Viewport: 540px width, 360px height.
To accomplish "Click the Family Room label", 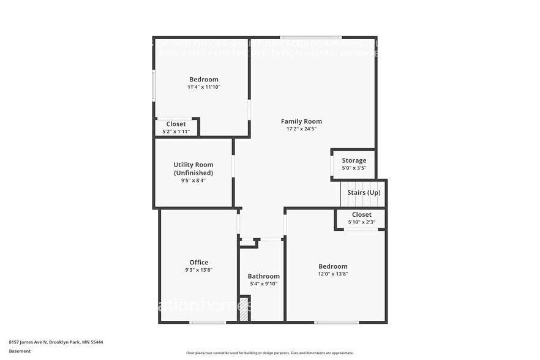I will [x=301, y=121].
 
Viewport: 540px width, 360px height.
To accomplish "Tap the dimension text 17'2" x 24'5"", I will [x=301, y=129].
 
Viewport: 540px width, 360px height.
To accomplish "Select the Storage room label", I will [x=354, y=160].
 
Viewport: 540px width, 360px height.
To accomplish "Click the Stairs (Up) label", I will [x=364, y=192].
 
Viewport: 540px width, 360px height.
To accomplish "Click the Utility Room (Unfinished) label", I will [x=193, y=168].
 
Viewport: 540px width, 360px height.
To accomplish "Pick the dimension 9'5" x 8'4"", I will [x=193, y=181].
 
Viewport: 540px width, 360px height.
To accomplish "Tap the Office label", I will [x=198, y=262].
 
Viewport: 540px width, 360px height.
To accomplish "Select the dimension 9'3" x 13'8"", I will [x=198, y=270].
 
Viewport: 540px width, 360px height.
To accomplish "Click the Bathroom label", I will [x=264, y=276].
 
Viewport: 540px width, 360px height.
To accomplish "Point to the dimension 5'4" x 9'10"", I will [x=264, y=284].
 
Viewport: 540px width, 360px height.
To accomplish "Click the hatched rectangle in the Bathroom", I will [x=244, y=309].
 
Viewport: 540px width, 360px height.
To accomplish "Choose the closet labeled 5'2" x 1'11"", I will [x=176, y=127].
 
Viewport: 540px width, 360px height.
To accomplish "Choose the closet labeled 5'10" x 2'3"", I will [x=361, y=219].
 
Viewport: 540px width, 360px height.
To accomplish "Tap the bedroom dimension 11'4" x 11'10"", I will [x=203, y=88].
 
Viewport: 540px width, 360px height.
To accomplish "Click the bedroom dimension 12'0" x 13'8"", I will [x=333, y=274].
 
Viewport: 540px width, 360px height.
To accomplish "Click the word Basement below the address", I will [x=20, y=351].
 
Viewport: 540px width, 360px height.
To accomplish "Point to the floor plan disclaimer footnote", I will [x=269, y=353].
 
